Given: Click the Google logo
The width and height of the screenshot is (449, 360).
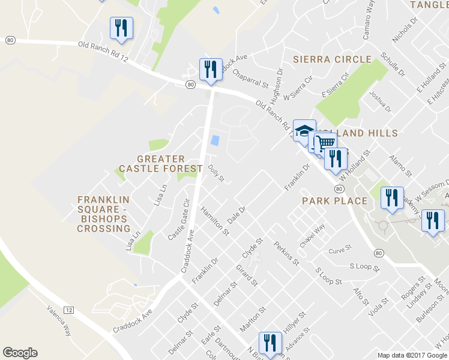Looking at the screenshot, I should pyautogui.click(x=20, y=353).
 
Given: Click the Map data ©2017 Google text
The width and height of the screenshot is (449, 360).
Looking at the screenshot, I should pyautogui.click(x=412, y=355).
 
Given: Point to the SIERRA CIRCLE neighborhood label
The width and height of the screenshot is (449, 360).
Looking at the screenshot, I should pyautogui.click(x=332, y=59).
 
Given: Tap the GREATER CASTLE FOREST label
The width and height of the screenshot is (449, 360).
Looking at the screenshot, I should pyautogui.click(x=152, y=164).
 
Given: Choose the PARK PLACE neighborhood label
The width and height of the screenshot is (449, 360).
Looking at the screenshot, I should pyautogui.click(x=334, y=200).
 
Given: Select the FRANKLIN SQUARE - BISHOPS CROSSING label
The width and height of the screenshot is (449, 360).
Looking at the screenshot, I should pyautogui.click(x=104, y=214).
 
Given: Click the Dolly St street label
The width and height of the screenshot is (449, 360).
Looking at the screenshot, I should pyautogui.click(x=216, y=174).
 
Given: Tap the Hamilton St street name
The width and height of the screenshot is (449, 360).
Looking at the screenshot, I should pyautogui.click(x=215, y=220).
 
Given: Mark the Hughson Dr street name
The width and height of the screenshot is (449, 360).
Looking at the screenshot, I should pyautogui.click(x=277, y=85).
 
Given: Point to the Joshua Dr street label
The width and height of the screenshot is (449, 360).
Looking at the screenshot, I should pyautogui.click(x=380, y=102).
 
